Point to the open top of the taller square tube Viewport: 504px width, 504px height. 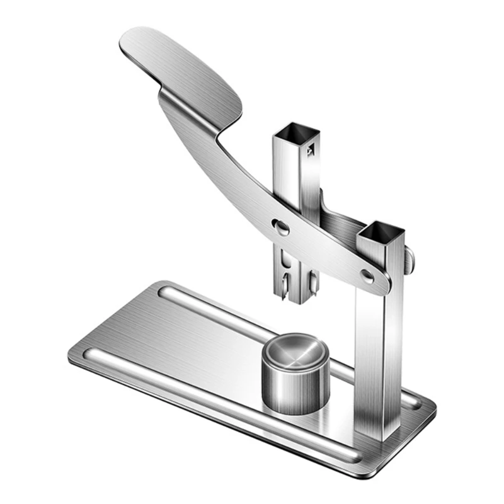tap(297, 133)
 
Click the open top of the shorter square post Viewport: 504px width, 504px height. tap(380, 232)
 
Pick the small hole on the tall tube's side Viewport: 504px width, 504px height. tap(309, 151)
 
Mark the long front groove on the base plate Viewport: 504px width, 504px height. tap(220, 403)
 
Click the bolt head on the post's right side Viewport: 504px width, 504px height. tap(410, 260)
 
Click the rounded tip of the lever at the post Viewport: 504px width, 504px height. tap(382, 283)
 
